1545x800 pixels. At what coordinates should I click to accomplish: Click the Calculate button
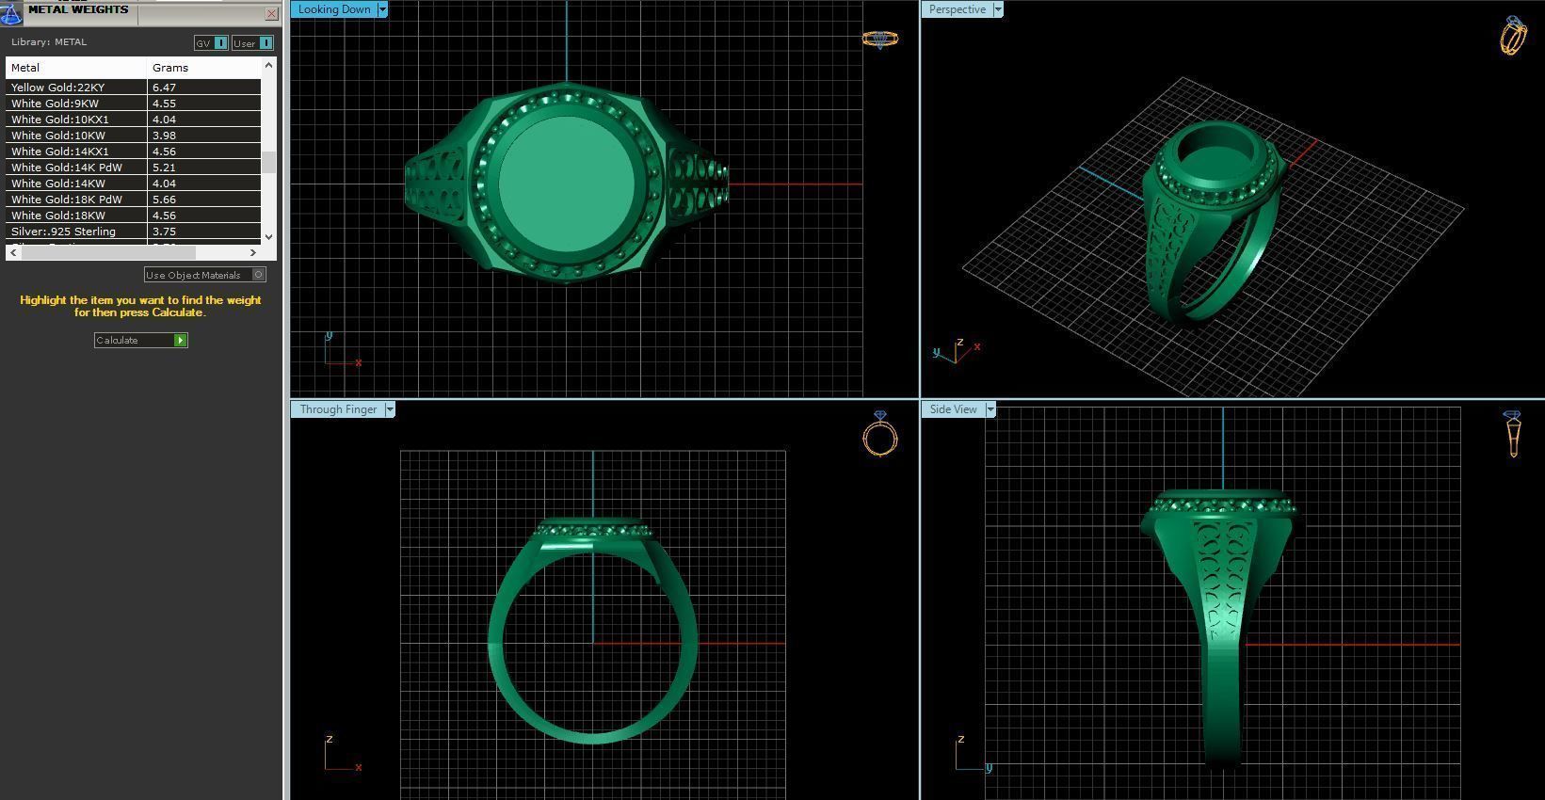[140, 340]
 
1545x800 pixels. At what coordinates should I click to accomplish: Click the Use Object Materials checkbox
[259, 275]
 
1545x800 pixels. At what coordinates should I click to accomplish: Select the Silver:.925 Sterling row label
[63, 232]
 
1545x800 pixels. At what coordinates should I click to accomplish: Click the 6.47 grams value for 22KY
[164, 88]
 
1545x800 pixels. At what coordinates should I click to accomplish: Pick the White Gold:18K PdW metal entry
[66, 200]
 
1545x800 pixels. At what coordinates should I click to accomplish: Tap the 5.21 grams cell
[164, 168]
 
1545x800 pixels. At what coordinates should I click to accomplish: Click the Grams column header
[170, 68]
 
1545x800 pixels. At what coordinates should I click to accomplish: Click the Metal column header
[25, 68]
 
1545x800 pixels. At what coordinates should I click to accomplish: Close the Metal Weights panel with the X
[271, 13]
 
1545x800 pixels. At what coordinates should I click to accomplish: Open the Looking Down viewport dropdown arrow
[382, 9]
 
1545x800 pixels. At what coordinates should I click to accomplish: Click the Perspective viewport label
[957, 9]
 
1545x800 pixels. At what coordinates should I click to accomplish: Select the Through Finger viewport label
[338, 409]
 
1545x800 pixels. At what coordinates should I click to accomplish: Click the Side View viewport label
[953, 409]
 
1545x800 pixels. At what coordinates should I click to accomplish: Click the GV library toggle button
[211, 43]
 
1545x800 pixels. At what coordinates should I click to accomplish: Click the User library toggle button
[252, 43]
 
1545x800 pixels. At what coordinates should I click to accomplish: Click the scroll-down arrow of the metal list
[269, 236]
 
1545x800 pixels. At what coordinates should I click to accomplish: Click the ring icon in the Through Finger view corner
[880, 435]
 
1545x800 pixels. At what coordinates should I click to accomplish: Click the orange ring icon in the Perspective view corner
[1512, 37]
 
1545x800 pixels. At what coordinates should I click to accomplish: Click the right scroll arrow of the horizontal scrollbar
[252, 252]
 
